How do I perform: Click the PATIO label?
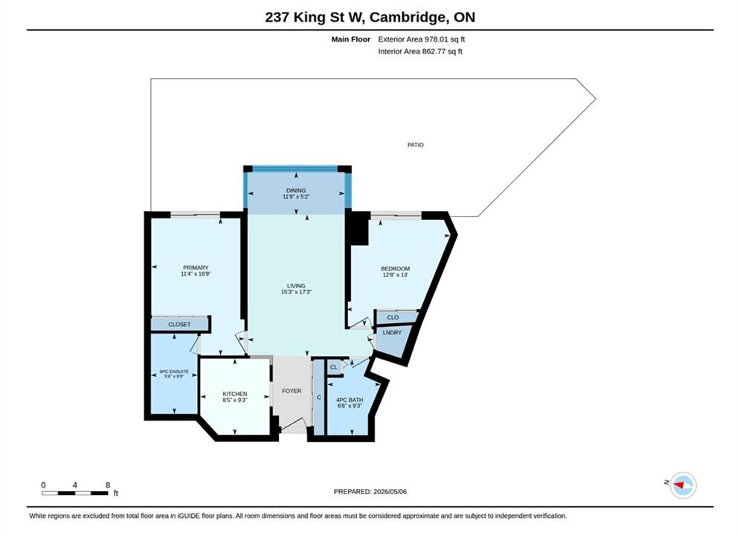coord(415,145)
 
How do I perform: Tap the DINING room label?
coord(296,190)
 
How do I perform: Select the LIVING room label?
coord(296,285)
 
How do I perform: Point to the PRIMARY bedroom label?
coord(196,267)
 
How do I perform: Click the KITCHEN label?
coord(234,394)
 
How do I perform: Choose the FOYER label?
coord(292,391)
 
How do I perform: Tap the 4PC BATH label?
coord(350,400)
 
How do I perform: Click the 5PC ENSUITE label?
coord(174,372)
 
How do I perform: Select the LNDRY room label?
coord(392,332)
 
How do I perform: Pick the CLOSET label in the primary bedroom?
coord(179,324)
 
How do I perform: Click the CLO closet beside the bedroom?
coord(393,317)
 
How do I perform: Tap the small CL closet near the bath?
coord(334,367)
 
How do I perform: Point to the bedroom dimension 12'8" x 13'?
coord(396,274)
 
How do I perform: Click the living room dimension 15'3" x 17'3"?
coord(296,292)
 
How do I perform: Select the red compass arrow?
coord(679,484)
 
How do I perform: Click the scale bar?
coord(74,493)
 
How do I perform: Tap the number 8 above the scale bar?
coord(108,484)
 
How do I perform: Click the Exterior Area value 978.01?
coord(439,39)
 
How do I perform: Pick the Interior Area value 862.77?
coord(434,51)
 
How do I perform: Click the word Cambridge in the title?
coord(408,17)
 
